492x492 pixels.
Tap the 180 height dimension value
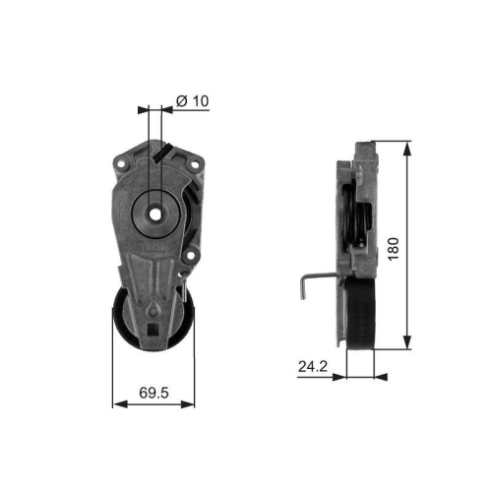click(395, 246)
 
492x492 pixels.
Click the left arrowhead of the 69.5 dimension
click(117, 402)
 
